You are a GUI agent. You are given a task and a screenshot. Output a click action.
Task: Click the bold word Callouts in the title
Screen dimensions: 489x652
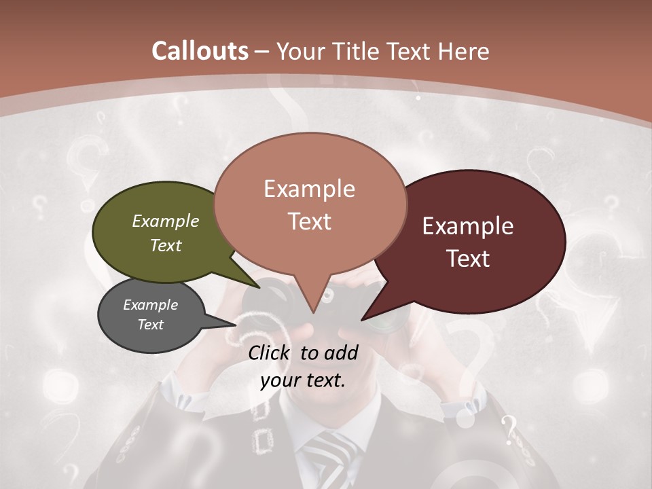pyautogui.click(x=200, y=51)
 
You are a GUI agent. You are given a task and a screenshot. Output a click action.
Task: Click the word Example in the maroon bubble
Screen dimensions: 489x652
pyautogui.click(x=468, y=226)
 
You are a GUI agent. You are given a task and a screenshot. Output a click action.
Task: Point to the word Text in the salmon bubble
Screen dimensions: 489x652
pyautogui.click(x=310, y=221)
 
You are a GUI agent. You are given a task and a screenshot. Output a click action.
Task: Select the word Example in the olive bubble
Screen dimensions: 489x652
pyautogui.click(x=166, y=221)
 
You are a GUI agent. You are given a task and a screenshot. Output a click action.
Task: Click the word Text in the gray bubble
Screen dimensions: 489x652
pyautogui.click(x=151, y=325)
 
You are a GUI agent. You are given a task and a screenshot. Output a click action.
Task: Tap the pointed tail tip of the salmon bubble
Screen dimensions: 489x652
pyautogui.click(x=313, y=312)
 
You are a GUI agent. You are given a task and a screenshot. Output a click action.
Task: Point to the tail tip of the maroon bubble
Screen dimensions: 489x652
pyautogui.click(x=363, y=319)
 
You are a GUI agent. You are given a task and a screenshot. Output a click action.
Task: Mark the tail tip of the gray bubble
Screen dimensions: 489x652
pyautogui.click(x=235, y=325)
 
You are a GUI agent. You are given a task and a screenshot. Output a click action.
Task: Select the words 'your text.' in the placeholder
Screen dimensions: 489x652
pyautogui.click(x=303, y=380)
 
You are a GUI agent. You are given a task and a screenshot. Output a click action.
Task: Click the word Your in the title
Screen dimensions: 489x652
pyautogui.click(x=299, y=51)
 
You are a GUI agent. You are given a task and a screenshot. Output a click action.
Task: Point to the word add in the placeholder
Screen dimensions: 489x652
pyautogui.click(x=342, y=352)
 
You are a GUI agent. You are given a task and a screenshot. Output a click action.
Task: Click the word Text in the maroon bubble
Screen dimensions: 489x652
pyautogui.click(x=469, y=259)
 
